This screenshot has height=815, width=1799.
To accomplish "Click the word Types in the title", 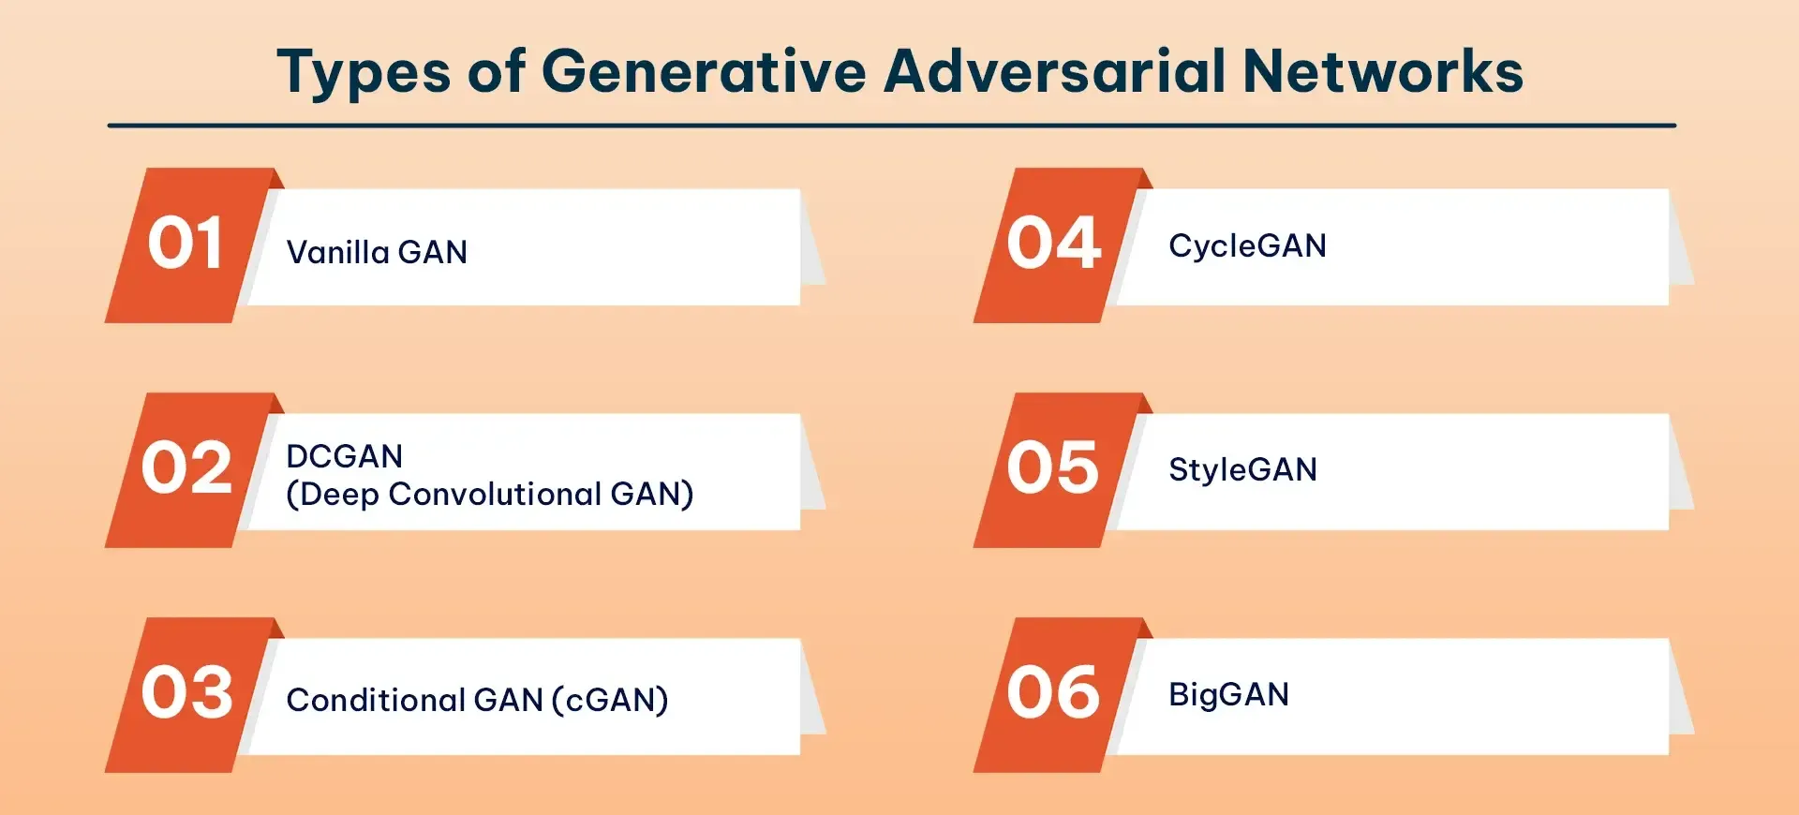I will [x=364, y=73].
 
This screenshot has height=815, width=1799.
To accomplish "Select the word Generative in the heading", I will [x=704, y=71].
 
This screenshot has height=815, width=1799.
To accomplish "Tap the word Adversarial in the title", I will [x=1054, y=71].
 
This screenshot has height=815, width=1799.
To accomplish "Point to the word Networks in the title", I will [x=1383, y=71].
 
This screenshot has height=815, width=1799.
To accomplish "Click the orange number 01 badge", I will [x=185, y=244].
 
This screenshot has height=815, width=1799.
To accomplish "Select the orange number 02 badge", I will [x=186, y=468].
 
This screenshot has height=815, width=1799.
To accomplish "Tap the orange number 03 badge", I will [x=186, y=693].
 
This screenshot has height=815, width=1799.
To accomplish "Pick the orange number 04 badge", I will [x=1053, y=244].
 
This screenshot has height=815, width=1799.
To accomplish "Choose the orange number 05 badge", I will [x=1053, y=468].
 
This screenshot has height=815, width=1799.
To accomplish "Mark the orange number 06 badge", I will [x=1053, y=693].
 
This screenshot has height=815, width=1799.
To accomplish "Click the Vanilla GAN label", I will [x=377, y=252].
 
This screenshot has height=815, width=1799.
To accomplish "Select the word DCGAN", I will [x=344, y=456].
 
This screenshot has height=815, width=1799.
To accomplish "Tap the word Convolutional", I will [x=495, y=494].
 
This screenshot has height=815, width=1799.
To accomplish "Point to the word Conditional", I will [x=375, y=700].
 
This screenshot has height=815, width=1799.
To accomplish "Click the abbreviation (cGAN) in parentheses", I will [x=610, y=700].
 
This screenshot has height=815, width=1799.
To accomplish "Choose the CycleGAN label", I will [x=1247, y=245].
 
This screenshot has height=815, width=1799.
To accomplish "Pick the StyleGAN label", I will [x=1242, y=469].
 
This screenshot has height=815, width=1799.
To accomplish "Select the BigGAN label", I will [x=1228, y=694].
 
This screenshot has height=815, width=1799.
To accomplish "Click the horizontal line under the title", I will [x=891, y=125].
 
